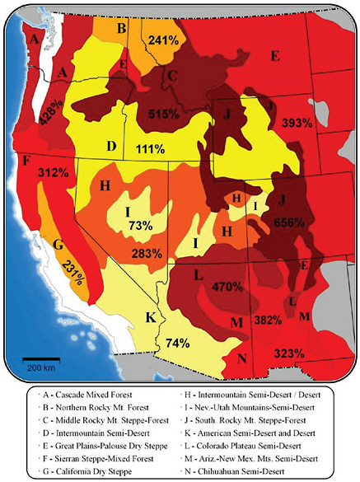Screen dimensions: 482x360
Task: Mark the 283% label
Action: point(146,252)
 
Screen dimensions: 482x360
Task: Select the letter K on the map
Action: point(151,316)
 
